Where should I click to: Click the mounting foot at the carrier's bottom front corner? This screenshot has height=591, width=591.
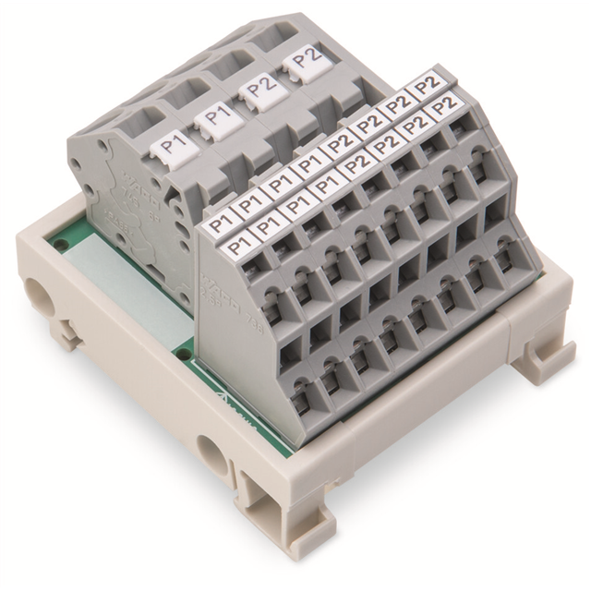pos(260,503)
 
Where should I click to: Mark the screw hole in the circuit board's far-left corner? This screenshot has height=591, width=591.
pos(60,245)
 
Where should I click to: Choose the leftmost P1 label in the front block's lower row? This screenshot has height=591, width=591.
pos(238,245)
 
